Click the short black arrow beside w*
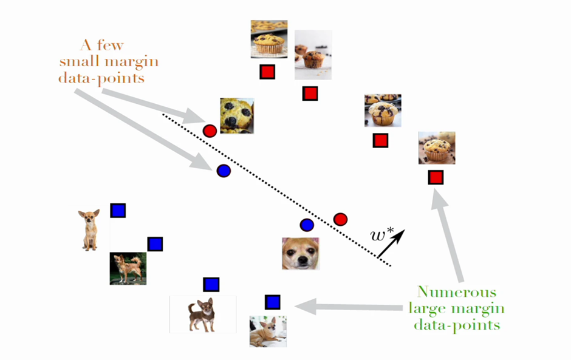click(x=392, y=244)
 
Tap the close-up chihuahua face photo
click(x=301, y=253)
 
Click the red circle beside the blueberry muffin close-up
click(x=210, y=131)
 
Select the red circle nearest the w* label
click(x=340, y=219)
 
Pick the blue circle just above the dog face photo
click(x=307, y=225)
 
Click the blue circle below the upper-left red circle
click(x=224, y=171)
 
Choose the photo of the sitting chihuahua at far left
click(x=90, y=229)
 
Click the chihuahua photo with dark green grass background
click(x=128, y=269)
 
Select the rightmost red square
click(x=436, y=177)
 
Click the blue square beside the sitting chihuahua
click(x=118, y=211)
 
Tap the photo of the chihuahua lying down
click(x=267, y=331)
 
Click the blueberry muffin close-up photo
click(x=236, y=115)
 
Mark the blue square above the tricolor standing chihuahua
click(x=211, y=284)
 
